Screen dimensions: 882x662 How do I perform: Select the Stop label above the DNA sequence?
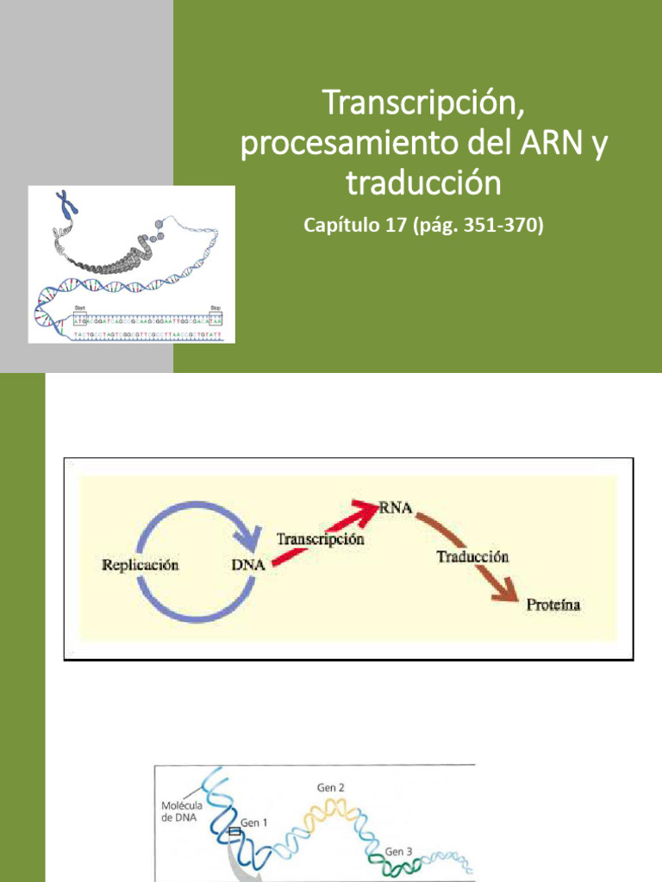pyautogui.click(x=215, y=307)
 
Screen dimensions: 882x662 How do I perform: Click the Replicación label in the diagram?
pyautogui.click(x=140, y=566)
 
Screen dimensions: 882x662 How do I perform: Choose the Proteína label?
pyautogui.click(x=553, y=605)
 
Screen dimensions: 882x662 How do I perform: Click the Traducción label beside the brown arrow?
pyautogui.click(x=472, y=556)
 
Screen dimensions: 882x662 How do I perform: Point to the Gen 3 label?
pyautogui.click(x=398, y=851)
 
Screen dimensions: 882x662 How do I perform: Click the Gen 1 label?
pyautogui.click(x=253, y=823)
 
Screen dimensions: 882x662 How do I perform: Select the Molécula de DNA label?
pyautogui.click(x=183, y=811)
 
